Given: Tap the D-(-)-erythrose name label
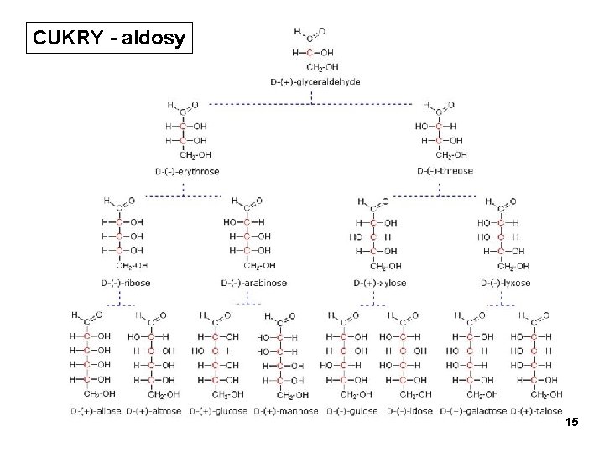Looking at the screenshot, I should tap(188, 171).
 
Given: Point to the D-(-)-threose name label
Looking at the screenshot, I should tap(445, 171).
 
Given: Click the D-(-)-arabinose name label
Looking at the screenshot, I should tap(254, 283).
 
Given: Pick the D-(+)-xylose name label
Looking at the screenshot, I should tap(379, 283).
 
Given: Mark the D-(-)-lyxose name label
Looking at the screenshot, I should tap(506, 283).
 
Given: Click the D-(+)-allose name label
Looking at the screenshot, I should tap(95, 411).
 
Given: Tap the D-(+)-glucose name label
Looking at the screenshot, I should tap(219, 411).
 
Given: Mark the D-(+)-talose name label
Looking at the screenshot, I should tap(538, 411).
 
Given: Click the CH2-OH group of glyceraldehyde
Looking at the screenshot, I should tap(323, 66).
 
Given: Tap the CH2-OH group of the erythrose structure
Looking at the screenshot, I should tap(195, 154).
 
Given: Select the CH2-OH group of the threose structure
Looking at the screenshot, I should tap(452, 154).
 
